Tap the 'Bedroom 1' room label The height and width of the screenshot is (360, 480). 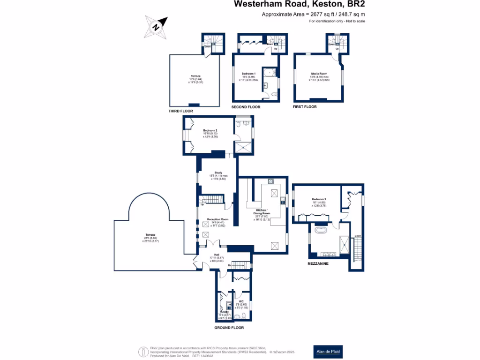coord(248,74)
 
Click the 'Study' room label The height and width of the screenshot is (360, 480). coord(217,172)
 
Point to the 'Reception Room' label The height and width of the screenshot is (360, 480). coord(217,219)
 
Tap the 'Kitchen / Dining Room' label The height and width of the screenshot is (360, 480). coord(262,210)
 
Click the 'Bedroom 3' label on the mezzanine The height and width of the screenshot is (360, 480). coord(319,199)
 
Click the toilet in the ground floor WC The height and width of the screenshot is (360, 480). coord(238,315)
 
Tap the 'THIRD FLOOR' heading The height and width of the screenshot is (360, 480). coord(180,112)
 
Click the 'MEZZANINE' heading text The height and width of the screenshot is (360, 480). coord(318,264)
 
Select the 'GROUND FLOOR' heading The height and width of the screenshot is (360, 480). coord(229,328)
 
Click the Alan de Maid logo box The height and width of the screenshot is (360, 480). coord(328,351)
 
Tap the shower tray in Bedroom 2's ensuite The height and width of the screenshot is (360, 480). coord(243,148)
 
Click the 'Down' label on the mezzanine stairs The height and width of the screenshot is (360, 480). coord(358,236)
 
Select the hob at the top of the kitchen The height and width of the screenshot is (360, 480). coord(271,181)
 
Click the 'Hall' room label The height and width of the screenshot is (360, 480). coord(217,255)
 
